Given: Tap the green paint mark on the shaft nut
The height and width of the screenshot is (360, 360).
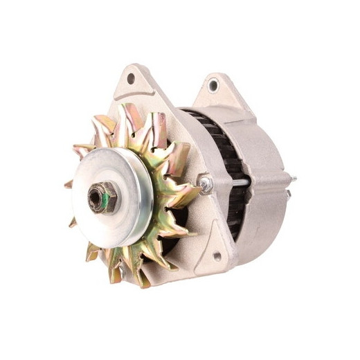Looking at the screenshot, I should coord(102,201).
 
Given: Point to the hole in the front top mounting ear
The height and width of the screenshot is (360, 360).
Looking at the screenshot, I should coord(131,79).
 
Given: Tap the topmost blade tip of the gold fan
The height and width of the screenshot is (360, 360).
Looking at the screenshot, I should coord(125,106).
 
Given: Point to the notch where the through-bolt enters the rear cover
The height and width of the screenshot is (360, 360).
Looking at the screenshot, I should coord(253,183).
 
